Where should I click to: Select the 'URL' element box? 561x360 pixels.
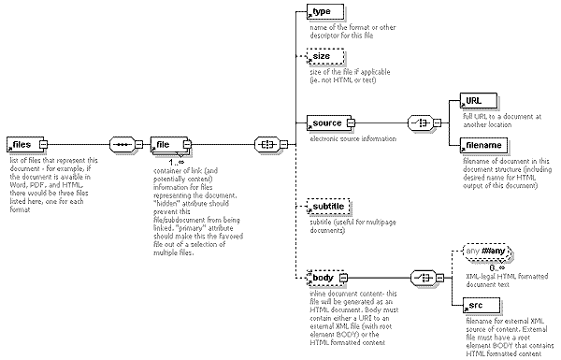(x=475, y=100)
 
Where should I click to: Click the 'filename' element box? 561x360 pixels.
(x=483, y=145)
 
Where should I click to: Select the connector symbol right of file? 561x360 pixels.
(x=268, y=145)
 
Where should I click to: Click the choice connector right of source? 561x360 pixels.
(x=420, y=122)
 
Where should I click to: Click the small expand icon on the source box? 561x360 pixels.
(x=352, y=122)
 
